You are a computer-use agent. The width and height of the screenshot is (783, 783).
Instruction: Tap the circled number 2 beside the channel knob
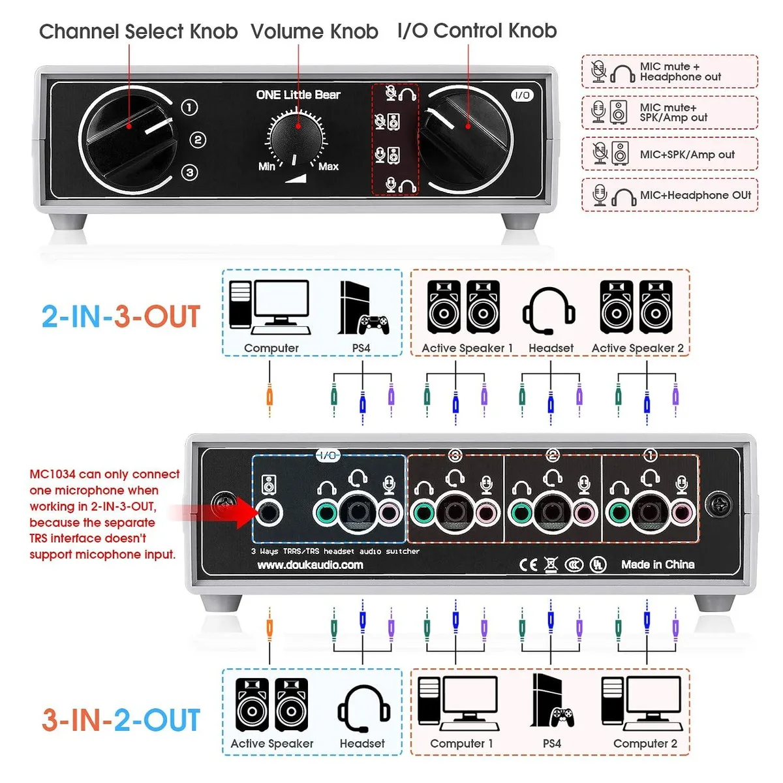198,140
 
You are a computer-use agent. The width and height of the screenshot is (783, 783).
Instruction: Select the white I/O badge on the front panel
522,95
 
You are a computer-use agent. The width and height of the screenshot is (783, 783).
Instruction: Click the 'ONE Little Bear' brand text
298,95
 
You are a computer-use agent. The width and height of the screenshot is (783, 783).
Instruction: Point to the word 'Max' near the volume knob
328,166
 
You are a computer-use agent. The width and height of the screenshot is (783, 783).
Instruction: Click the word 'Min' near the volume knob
267,166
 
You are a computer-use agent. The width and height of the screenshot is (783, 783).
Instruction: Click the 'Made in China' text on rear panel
658,564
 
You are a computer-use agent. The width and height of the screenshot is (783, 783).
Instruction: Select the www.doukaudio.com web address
310,565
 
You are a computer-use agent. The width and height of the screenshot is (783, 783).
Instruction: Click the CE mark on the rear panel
529,564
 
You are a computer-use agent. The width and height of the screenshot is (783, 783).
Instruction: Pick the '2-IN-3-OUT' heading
121,316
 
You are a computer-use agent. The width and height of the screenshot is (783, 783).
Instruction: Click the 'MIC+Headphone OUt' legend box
669,195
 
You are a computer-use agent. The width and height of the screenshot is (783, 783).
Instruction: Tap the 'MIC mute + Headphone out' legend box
669,72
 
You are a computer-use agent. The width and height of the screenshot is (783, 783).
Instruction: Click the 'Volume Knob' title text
315,31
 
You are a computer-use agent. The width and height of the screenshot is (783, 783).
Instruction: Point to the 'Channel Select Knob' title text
138,31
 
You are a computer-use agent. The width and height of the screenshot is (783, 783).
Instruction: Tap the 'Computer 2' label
645,744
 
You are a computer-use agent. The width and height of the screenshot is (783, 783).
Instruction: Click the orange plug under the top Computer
269,393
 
